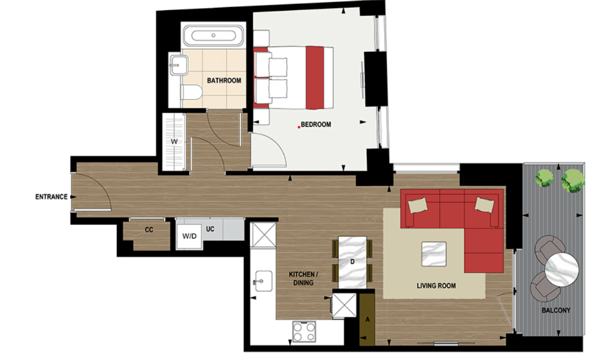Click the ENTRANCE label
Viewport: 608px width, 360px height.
51,197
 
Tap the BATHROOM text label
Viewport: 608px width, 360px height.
224,81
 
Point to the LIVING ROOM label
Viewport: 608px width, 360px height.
436,286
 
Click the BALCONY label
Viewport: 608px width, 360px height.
556,310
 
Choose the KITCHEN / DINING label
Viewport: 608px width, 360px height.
301,278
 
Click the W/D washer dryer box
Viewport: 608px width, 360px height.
189,236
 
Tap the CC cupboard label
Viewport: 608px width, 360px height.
149,230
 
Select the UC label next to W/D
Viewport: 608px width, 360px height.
210,229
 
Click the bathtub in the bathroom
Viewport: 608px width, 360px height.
213,36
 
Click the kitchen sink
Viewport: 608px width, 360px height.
264,280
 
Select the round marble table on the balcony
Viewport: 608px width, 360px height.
561,270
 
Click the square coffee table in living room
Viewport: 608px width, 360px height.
434,254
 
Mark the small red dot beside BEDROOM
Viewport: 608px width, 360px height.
299,127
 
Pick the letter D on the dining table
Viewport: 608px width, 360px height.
352,262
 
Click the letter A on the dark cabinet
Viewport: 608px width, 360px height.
366,319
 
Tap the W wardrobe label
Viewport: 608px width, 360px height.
174,142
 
